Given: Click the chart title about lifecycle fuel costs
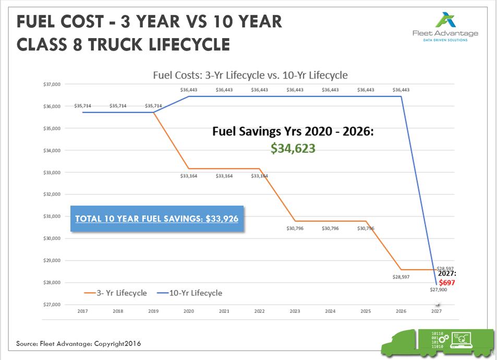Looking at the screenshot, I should point(250,75).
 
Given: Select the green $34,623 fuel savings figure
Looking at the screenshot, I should point(293,148).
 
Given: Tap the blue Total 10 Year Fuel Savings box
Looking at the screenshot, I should point(157,219).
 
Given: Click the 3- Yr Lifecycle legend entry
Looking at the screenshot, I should point(115,293).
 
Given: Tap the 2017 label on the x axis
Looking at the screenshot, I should point(82,312).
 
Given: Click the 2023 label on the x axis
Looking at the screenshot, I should point(295,312).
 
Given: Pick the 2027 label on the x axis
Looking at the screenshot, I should point(437,312).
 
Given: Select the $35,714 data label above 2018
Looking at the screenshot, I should point(117,106).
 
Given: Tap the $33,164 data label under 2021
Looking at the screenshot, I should point(224,176).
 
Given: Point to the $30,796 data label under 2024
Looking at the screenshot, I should point(330,228).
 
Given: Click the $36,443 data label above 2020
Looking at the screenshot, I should point(188,90).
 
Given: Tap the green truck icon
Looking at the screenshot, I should point(437,342).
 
